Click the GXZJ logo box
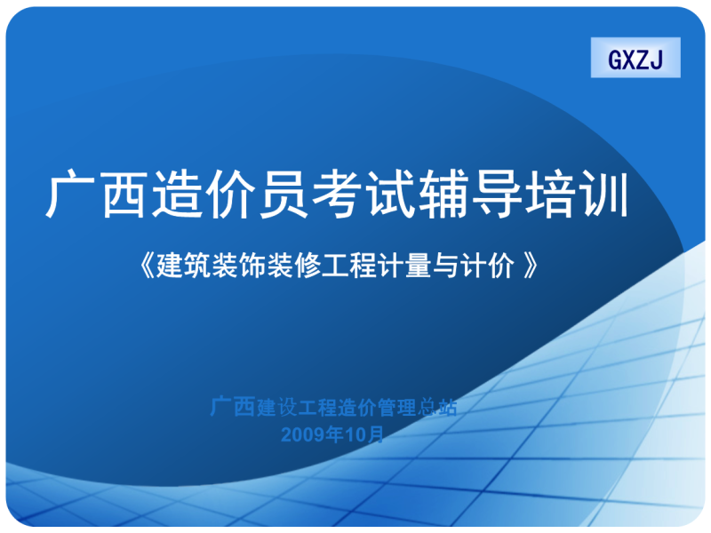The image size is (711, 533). point(635,59)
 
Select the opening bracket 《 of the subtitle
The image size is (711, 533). point(148,264)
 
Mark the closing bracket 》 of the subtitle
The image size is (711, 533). point(529,264)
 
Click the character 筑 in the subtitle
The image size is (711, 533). point(194,264)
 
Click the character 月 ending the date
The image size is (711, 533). point(377,434)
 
